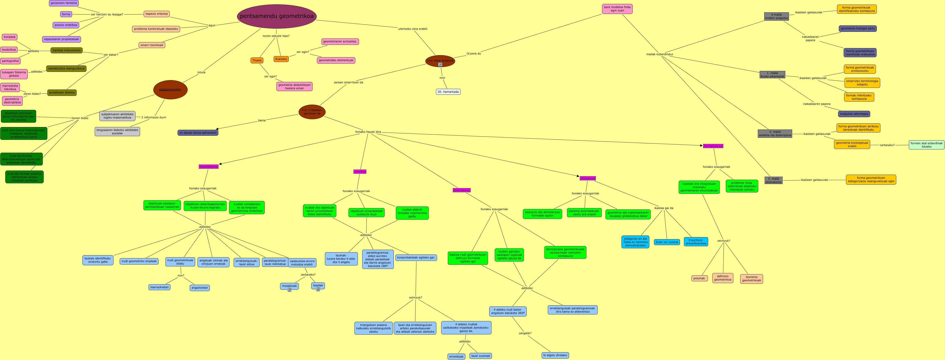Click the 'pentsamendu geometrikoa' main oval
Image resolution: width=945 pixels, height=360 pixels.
coord(277,16)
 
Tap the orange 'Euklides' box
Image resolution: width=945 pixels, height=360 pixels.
coord(281,59)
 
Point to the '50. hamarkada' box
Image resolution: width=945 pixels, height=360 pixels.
coord(448,92)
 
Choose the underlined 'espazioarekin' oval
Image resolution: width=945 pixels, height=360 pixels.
coord(170,89)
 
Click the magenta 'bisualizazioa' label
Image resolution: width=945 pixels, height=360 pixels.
coord(208,167)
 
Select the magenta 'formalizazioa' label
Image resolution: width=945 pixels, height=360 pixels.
coord(713,146)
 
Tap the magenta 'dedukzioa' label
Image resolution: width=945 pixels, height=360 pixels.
coord(588,178)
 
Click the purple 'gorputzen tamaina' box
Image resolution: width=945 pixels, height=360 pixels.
coord(64,3)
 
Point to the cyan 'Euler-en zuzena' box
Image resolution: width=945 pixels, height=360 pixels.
coord(667,242)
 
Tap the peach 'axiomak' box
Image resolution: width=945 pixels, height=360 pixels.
coord(699,278)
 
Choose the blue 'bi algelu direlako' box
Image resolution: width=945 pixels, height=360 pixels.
coord(555,355)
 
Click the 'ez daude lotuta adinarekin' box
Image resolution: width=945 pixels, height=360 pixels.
coord(198,133)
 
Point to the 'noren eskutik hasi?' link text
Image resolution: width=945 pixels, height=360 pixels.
coord(276,36)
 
